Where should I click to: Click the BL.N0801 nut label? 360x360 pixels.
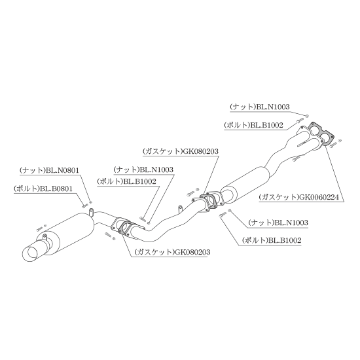[49, 171]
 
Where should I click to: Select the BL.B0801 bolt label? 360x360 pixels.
[43, 189]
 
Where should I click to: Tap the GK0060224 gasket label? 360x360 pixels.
[299, 197]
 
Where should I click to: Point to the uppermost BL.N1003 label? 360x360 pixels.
[260, 107]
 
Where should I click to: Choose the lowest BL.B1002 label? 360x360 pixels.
[272, 240]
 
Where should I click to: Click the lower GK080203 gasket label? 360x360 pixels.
[172, 252]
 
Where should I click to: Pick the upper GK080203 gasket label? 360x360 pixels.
[181, 152]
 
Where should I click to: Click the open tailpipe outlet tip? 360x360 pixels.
[30, 253]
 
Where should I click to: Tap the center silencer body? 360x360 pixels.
[245, 185]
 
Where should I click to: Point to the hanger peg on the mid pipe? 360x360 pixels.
[180, 209]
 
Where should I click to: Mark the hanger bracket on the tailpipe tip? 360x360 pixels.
[45, 238]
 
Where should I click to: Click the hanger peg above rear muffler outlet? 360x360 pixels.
[91, 212]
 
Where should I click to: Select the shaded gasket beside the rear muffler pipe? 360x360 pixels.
[126, 228]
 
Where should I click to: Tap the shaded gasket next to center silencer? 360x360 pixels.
[208, 200]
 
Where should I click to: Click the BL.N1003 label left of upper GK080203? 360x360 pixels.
[143, 170]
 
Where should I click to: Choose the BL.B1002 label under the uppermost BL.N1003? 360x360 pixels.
[253, 125]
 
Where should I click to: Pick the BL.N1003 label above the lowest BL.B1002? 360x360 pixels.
[278, 223]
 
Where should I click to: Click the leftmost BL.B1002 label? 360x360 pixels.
[126, 181]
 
